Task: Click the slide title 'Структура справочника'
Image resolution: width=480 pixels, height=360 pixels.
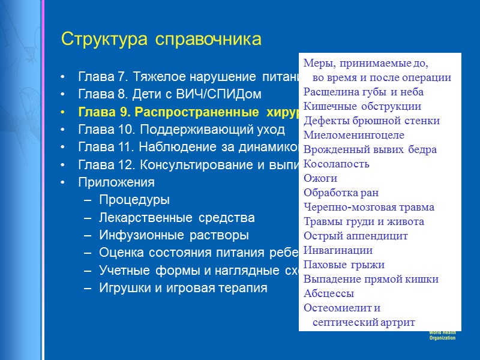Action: [x=161, y=40]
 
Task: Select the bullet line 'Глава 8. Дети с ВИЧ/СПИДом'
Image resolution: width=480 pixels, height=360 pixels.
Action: [x=170, y=95]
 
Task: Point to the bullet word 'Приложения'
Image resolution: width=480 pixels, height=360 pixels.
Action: [x=116, y=182]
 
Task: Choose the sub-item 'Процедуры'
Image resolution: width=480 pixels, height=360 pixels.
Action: [x=134, y=200]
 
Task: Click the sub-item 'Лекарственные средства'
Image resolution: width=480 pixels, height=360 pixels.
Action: [x=176, y=218]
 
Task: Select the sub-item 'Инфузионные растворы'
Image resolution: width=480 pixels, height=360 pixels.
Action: [x=173, y=235]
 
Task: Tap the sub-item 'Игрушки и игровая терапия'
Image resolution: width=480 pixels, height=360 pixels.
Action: [x=183, y=289]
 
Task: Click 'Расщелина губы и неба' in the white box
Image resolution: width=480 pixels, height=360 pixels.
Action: [x=363, y=92]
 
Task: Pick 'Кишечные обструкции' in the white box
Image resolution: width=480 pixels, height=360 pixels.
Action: [x=362, y=106]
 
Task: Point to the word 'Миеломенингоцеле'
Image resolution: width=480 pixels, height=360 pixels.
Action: [x=353, y=135]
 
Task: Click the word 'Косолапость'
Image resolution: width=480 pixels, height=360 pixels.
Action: [x=336, y=164]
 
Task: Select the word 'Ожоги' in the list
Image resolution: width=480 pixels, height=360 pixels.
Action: [x=320, y=178]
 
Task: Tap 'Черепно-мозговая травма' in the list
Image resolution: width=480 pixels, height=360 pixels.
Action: [x=368, y=207]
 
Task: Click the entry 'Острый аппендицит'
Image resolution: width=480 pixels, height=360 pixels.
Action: [x=355, y=236]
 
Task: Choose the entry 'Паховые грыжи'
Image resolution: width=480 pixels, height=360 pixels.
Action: [x=344, y=265]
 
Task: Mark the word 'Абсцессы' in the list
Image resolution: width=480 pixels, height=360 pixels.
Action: [x=328, y=293]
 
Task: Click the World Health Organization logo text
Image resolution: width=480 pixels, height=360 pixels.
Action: [x=443, y=336]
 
